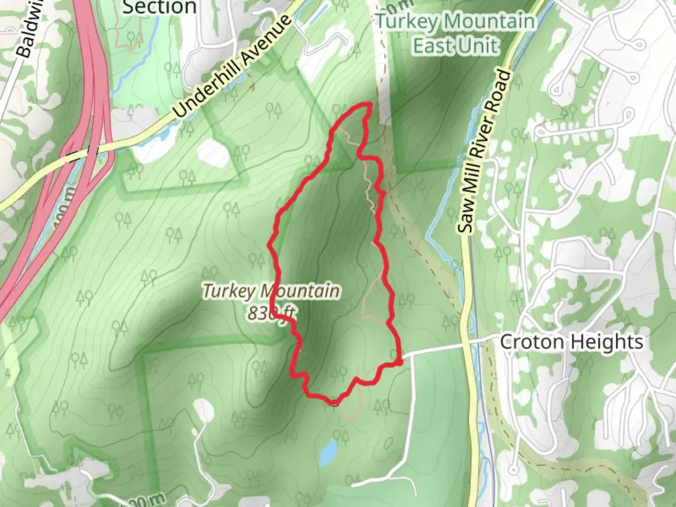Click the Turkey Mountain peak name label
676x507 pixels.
271,292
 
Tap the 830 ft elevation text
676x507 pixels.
266,313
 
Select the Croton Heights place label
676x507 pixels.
571,342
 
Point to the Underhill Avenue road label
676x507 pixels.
232,66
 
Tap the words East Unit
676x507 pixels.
455,46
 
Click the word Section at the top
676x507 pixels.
159,7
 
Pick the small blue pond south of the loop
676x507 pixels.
328,451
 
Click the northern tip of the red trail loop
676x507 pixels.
369,105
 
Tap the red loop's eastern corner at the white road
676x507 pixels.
399,361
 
